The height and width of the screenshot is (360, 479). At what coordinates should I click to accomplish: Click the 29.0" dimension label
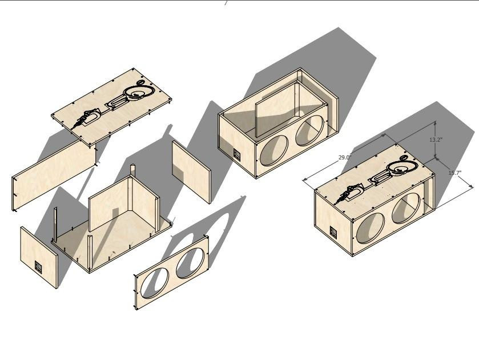click(x=344, y=157)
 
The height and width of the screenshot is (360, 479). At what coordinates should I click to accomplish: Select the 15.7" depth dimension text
click(x=454, y=173)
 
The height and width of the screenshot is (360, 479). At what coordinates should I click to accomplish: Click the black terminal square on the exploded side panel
click(x=39, y=267)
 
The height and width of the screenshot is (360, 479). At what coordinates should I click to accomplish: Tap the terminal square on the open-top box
click(x=236, y=154)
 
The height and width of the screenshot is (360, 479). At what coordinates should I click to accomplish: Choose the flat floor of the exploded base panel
click(x=114, y=240)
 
